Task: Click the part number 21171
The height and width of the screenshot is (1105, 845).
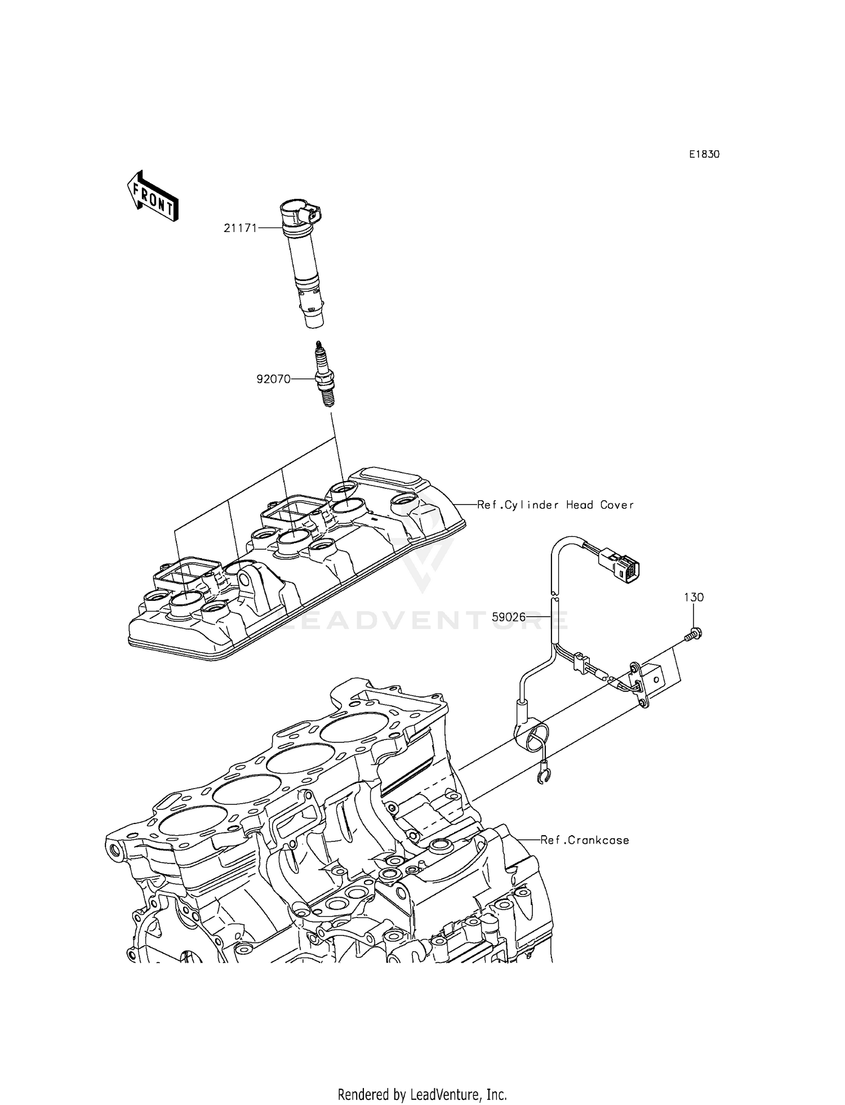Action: tap(241, 228)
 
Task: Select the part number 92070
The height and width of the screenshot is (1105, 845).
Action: tap(274, 379)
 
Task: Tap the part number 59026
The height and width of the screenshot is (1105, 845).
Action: tap(508, 617)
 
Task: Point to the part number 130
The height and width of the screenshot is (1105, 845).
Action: tap(694, 598)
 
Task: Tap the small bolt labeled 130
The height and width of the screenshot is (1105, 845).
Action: tap(693, 636)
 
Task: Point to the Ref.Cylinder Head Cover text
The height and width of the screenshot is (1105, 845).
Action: tap(555, 505)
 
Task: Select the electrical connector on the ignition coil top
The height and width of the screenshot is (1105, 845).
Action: tap(312, 214)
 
